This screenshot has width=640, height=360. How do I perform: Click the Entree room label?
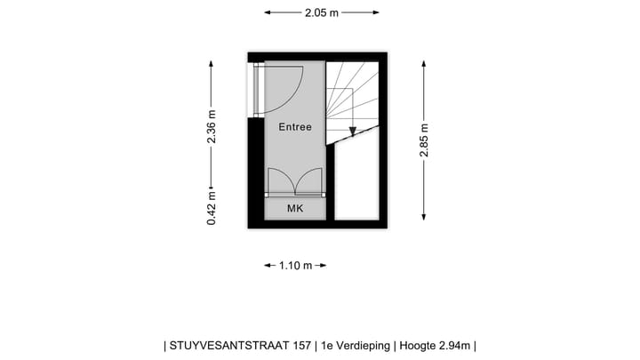[295, 127]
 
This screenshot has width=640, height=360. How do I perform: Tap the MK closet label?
[295, 208]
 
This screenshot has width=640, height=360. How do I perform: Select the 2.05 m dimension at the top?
[322, 13]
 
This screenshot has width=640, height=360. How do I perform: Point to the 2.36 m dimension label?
[212, 126]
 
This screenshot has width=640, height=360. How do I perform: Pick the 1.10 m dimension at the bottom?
[296, 266]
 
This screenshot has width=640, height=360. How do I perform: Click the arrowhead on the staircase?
[353, 132]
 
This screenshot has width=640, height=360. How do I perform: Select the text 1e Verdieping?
[356, 345]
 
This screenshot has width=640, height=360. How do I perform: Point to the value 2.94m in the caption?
[452, 345]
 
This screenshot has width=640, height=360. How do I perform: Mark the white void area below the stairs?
[357, 178]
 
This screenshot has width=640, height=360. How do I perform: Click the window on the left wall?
[256, 90]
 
